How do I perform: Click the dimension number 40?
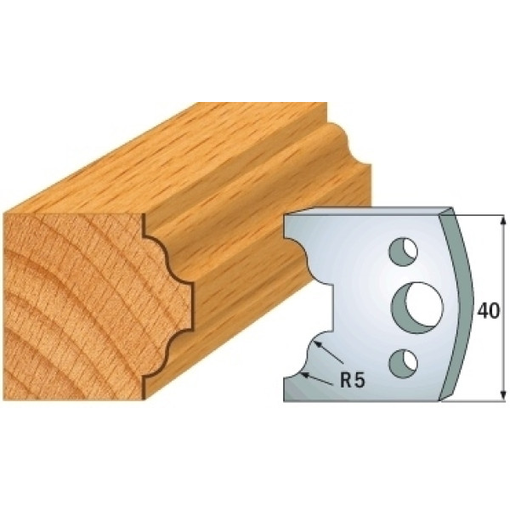[x=488, y=312]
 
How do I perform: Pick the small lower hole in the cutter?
[x=403, y=364]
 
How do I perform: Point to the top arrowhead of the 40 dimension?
[x=503, y=220]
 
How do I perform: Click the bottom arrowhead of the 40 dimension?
[x=503, y=395]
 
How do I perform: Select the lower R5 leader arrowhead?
[x=305, y=375]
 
